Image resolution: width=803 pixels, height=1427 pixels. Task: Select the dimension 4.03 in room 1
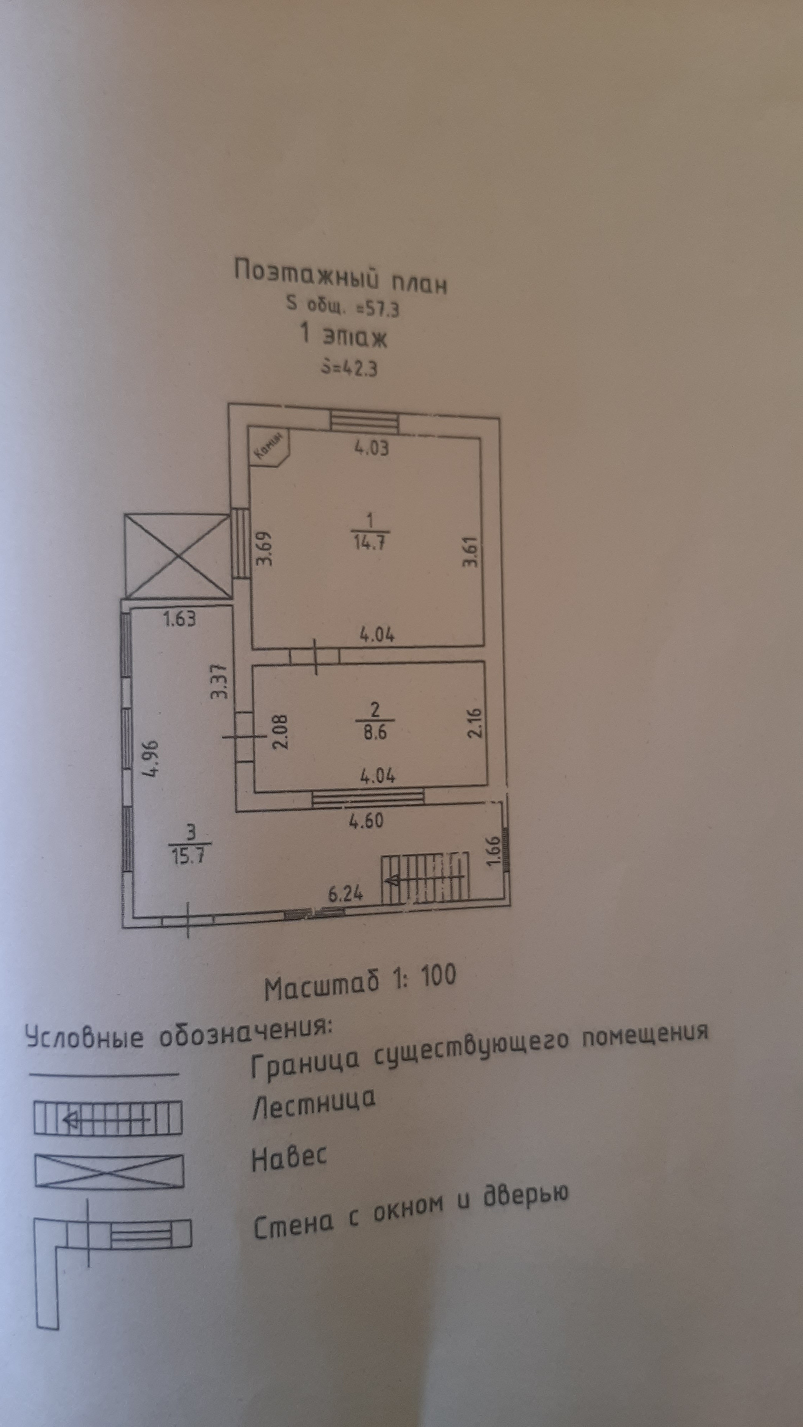[371, 448]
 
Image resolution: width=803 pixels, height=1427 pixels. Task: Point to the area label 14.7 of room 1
[370, 542]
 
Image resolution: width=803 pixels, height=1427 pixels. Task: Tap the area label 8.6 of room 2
[375, 732]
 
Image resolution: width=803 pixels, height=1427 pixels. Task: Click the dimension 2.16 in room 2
[476, 722]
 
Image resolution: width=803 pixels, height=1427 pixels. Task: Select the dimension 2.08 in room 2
[281, 731]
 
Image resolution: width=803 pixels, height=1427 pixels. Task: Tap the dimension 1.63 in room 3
[179, 619]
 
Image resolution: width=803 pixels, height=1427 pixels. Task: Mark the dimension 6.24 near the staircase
[345, 893]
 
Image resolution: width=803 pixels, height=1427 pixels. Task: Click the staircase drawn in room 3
[425, 878]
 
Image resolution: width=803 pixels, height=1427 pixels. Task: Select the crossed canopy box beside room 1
[177, 556]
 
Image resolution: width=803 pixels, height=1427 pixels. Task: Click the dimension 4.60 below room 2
[366, 820]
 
